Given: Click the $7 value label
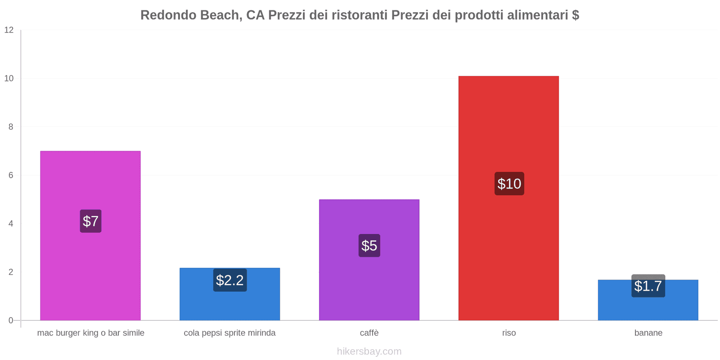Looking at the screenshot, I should (x=90, y=221).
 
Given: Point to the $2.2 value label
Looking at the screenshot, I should (x=229, y=280).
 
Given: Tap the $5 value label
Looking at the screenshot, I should (x=369, y=246).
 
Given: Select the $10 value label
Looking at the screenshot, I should (x=509, y=184).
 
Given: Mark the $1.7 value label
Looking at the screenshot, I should (x=648, y=286).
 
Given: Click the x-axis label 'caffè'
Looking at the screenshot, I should (x=369, y=333).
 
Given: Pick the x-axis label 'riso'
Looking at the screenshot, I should (x=509, y=333).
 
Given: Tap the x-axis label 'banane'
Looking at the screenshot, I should (x=648, y=333).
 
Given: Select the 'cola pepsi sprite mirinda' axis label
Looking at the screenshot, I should (x=229, y=333).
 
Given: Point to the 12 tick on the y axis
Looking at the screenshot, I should (x=9, y=30).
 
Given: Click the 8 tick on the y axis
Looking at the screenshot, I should (x=11, y=127).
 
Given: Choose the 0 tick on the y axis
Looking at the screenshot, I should (x=11, y=320).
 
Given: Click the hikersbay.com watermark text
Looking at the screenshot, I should (x=369, y=351).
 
